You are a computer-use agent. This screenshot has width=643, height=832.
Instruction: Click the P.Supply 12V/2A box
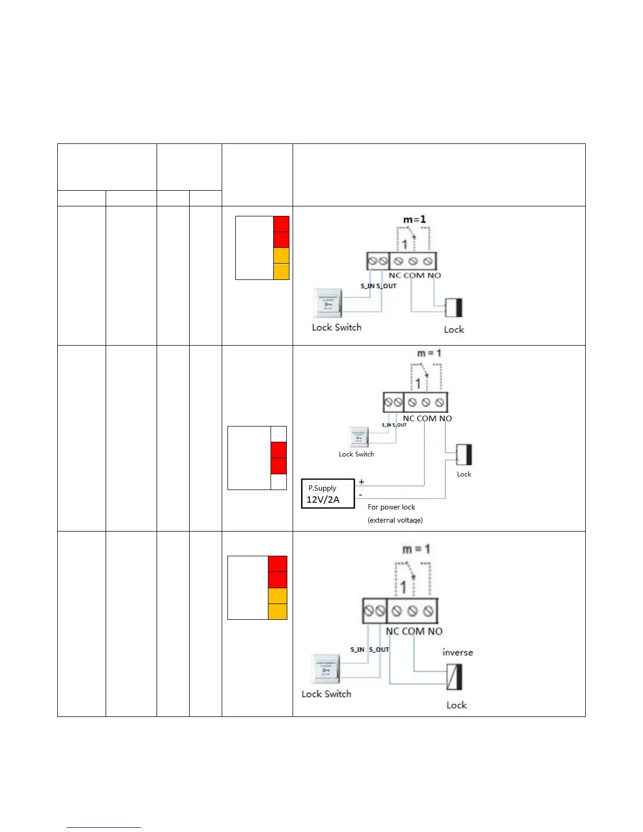click(x=328, y=494)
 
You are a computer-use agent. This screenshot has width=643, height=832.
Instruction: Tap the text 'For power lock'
click(x=391, y=507)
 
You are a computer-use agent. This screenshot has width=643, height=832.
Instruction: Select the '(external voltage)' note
click(x=395, y=520)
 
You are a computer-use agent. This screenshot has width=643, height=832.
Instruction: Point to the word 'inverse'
click(x=458, y=652)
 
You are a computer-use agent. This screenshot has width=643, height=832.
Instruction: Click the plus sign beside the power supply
click(x=361, y=482)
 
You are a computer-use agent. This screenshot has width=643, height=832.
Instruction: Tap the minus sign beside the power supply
click(x=360, y=495)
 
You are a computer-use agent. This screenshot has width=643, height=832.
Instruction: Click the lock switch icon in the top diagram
click(x=327, y=303)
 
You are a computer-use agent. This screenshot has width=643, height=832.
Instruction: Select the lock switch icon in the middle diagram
click(x=358, y=436)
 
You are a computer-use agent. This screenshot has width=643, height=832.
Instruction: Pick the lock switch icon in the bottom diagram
click(x=326, y=669)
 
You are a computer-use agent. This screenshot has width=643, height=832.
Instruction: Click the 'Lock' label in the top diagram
click(x=454, y=329)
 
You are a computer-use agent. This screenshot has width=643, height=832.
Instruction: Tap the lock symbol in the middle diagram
click(x=464, y=454)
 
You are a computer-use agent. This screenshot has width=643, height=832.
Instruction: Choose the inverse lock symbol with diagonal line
click(x=454, y=677)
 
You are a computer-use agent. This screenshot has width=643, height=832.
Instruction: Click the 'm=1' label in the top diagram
click(x=414, y=219)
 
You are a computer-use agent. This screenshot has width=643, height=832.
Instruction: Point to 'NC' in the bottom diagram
click(x=392, y=631)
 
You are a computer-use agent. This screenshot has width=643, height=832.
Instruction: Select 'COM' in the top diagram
click(x=413, y=275)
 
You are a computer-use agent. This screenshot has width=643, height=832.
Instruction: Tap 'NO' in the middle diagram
click(x=445, y=418)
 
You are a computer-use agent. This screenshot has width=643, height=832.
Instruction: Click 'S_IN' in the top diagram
click(x=367, y=286)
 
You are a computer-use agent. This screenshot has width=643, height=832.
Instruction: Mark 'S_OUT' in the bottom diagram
click(x=379, y=650)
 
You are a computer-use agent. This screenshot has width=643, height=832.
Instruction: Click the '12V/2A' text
click(x=323, y=500)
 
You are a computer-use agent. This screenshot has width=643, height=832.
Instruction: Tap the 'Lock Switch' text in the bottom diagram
click(x=326, y=694)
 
